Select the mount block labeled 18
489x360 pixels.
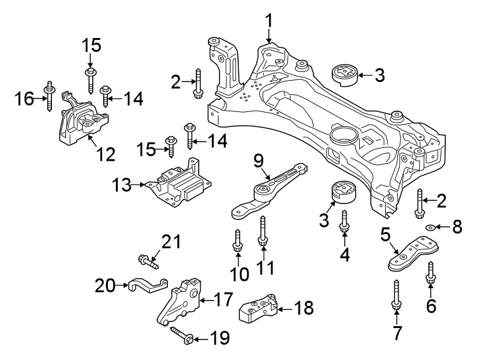[x=258, y=308]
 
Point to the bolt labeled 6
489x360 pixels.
[x=430, y=277]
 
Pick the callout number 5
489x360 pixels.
[x=385, y=235]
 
